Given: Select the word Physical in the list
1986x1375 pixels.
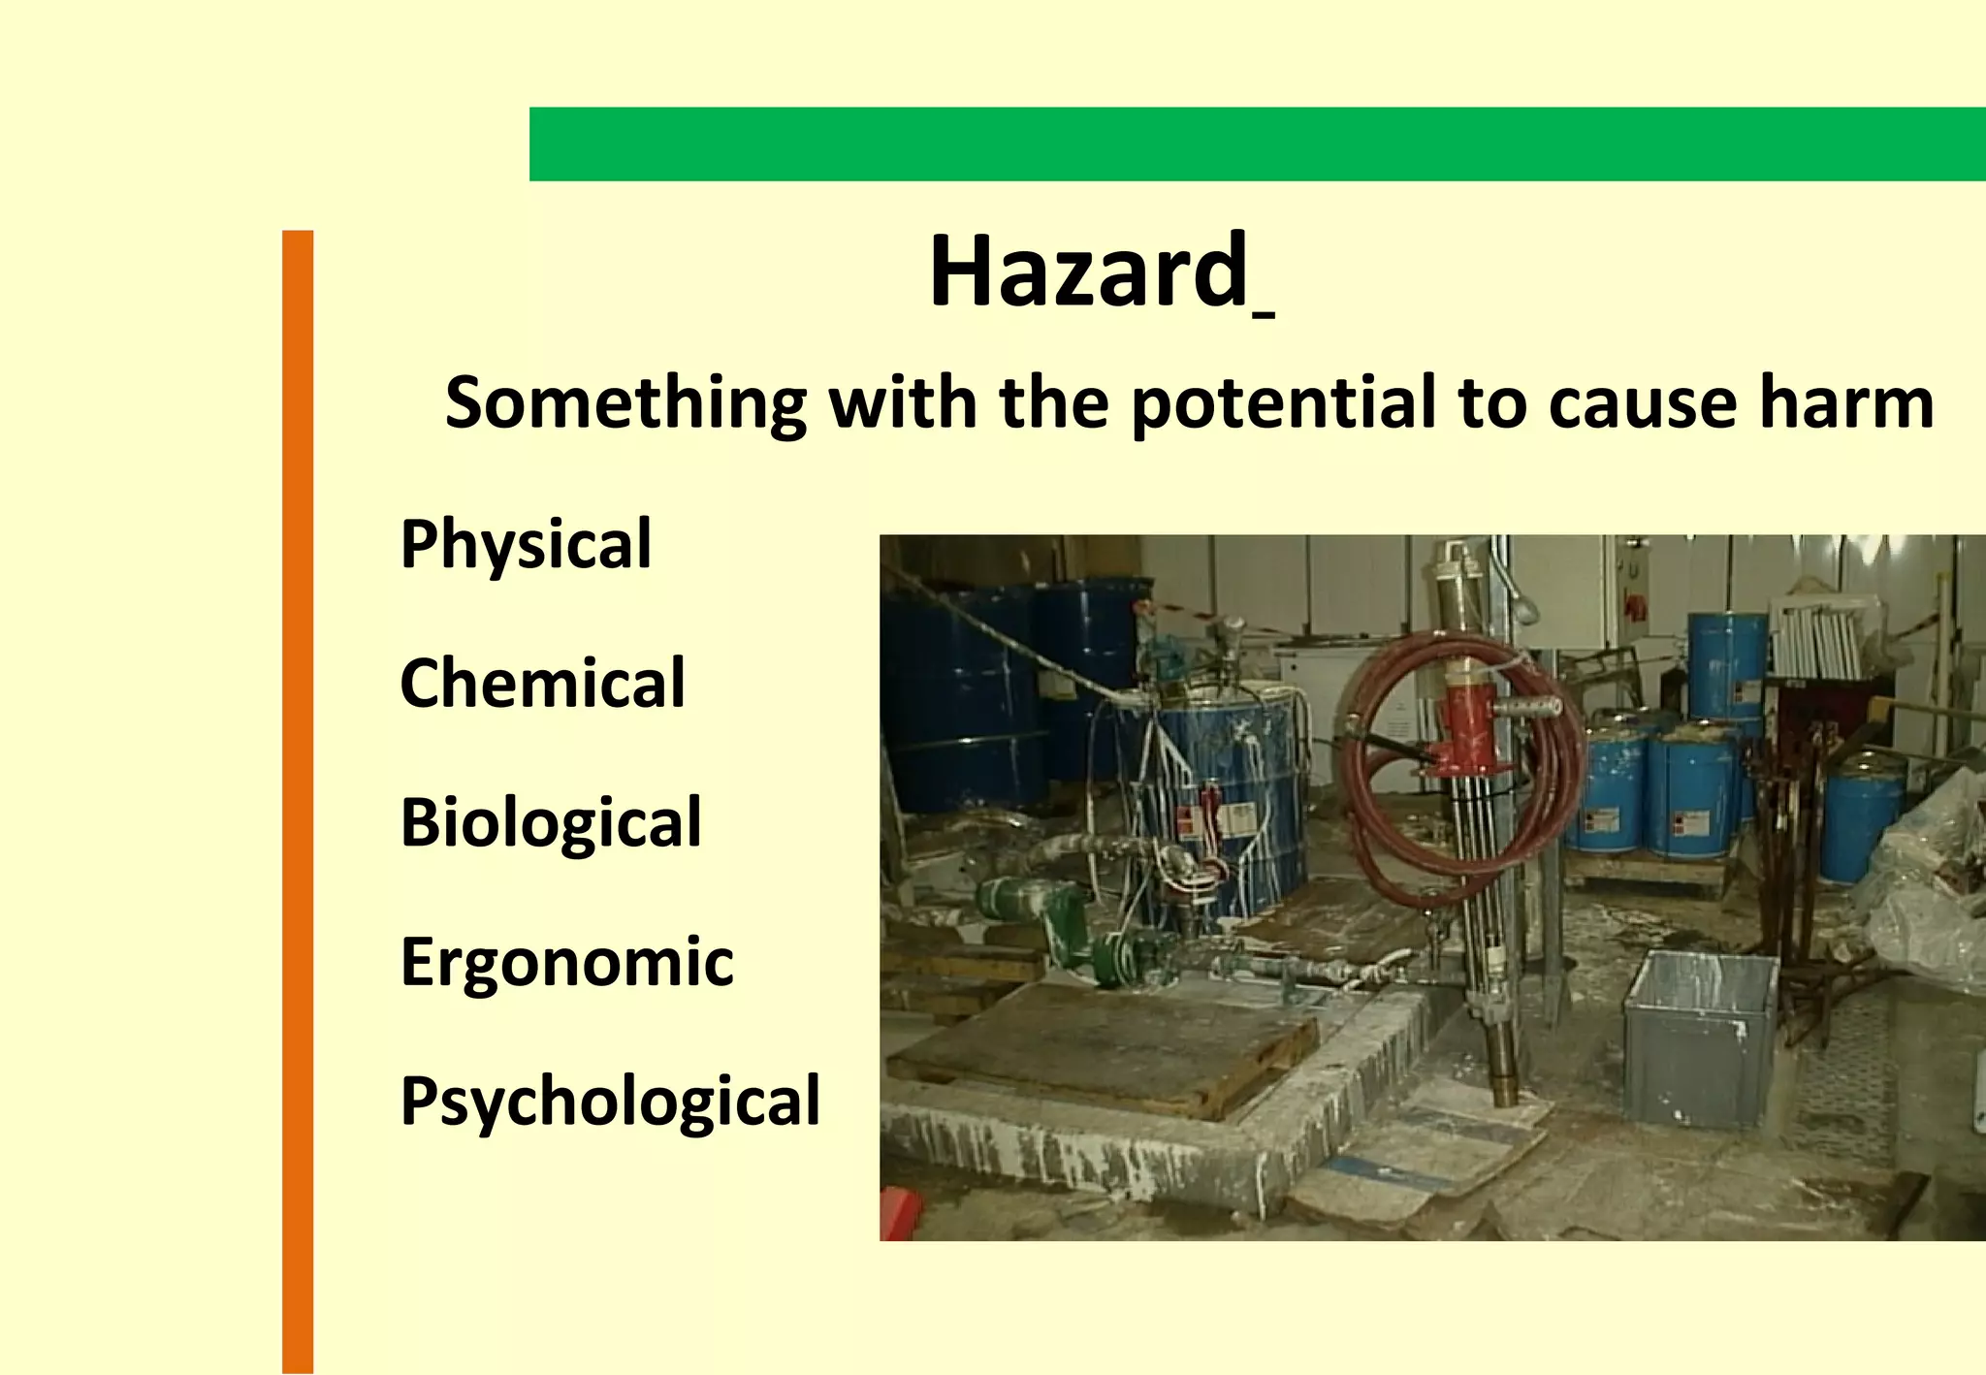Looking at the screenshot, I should pos(526,545).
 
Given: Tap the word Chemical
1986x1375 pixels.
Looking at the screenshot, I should pos(542,684).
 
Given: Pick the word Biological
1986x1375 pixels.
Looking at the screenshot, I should pos(550,823).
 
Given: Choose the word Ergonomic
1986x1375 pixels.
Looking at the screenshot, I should pos(566,963).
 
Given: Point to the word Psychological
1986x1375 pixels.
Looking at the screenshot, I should pos(610,1102).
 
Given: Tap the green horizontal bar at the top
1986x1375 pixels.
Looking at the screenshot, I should pos(1257,144).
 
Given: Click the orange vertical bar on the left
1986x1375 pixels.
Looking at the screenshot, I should pos(298,801).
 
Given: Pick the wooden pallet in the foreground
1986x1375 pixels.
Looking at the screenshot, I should pos(1101,1047).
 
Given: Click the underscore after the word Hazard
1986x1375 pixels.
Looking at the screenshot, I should pos(1263,313).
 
